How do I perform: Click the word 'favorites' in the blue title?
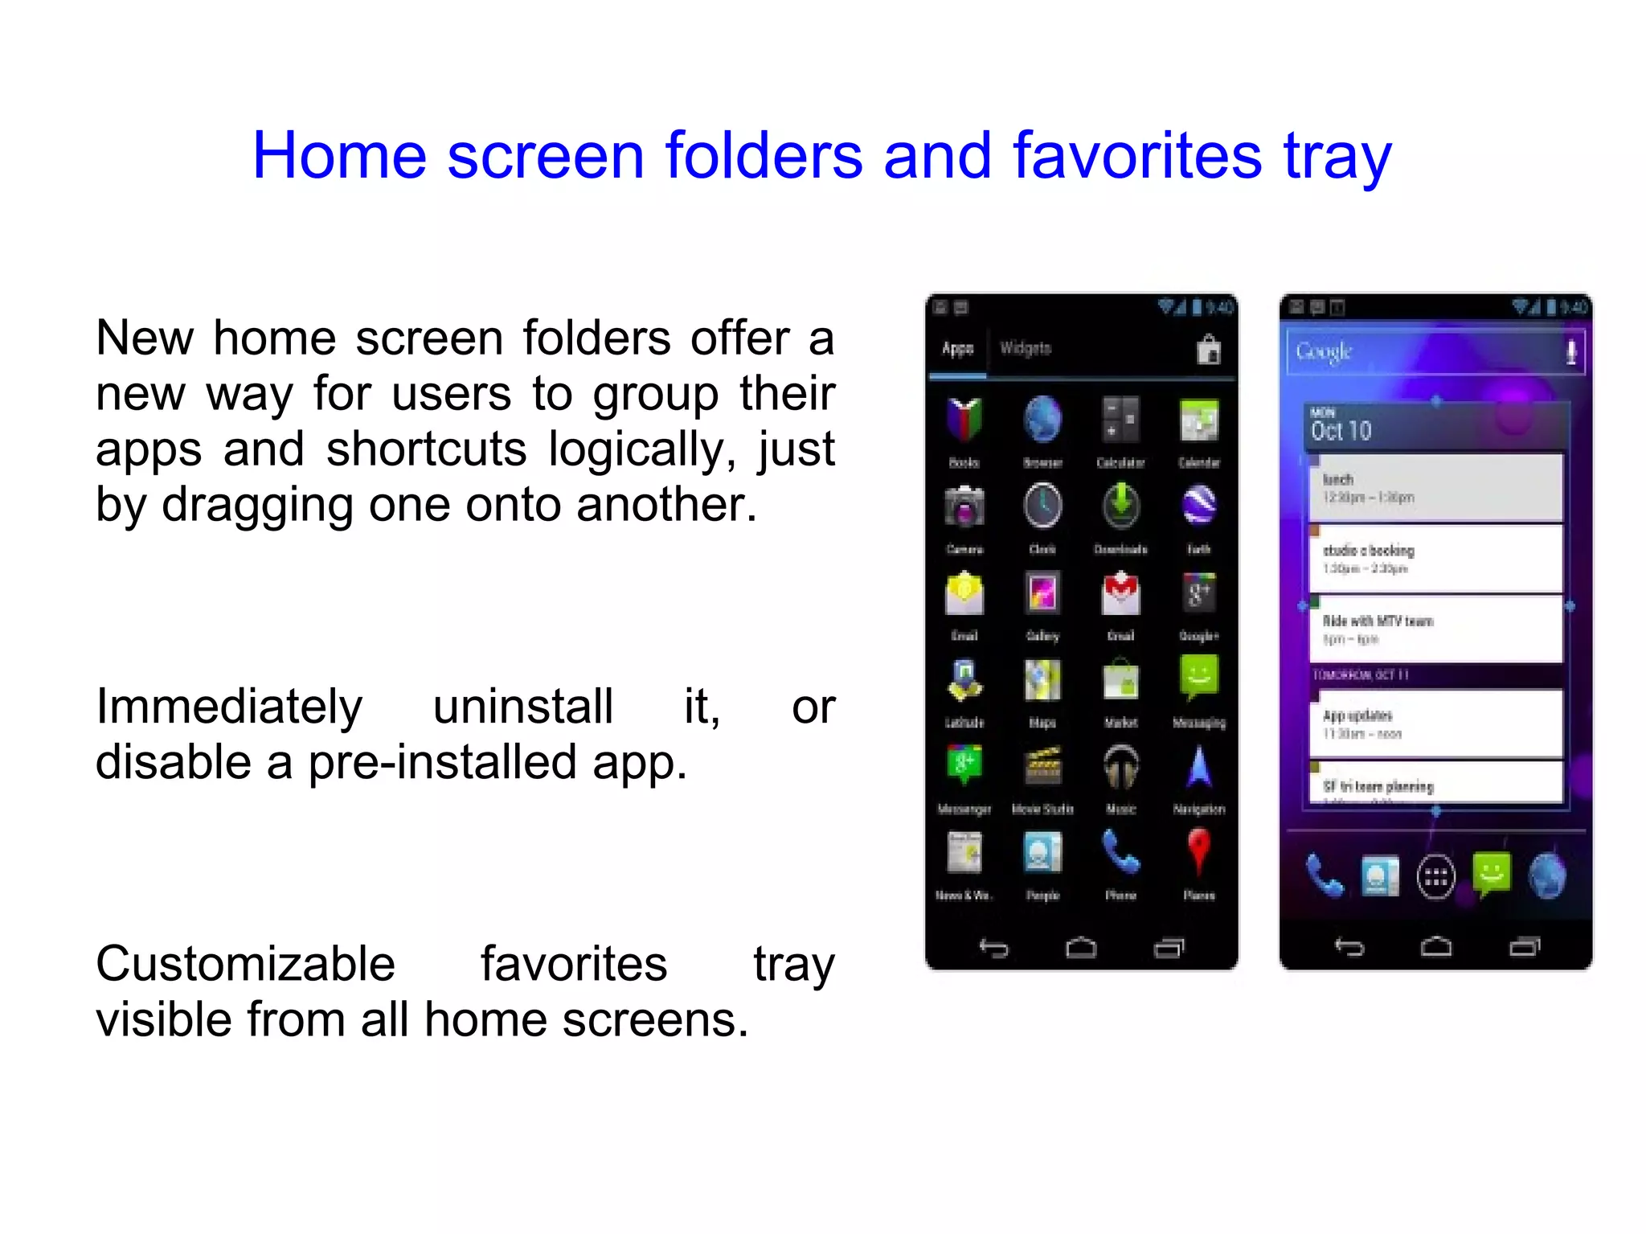(1136, 155)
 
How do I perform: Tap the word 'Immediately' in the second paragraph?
(229, 707)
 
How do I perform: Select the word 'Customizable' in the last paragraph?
(245, 963)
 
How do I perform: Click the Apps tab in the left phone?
(957, 349)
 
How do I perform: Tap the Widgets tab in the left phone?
(1026, 349)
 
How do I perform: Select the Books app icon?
(964, 420)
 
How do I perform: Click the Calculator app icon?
(1120, 420)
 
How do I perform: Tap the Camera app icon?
(964, 506)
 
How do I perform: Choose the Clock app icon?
(1042, 506)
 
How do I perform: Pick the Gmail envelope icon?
(1120, 593)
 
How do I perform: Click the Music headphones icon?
(1120, 766)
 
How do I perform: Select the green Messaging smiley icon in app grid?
(1198, 678)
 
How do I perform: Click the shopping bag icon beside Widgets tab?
(1208, 350)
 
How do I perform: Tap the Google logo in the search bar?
(1324, 351)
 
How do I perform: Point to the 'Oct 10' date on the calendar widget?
(1341, 431)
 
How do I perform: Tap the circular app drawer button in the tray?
(1435, 877)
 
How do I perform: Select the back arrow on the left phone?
(994, 949)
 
